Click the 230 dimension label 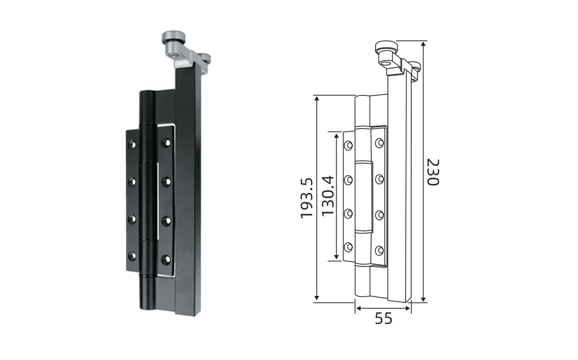click(x=433, y=172)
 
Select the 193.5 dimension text click(x=307, y=198)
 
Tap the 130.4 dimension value click(x=328, y=196)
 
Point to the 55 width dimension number click(x=383, y=318)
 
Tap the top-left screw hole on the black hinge click(x=132, y=144)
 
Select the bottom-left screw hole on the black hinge click(x=132, y=256)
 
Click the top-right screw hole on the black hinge click(x=166, y=142)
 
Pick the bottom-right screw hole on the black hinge click(x=166, y=259)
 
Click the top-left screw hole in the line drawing click(x=348, y=145)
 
